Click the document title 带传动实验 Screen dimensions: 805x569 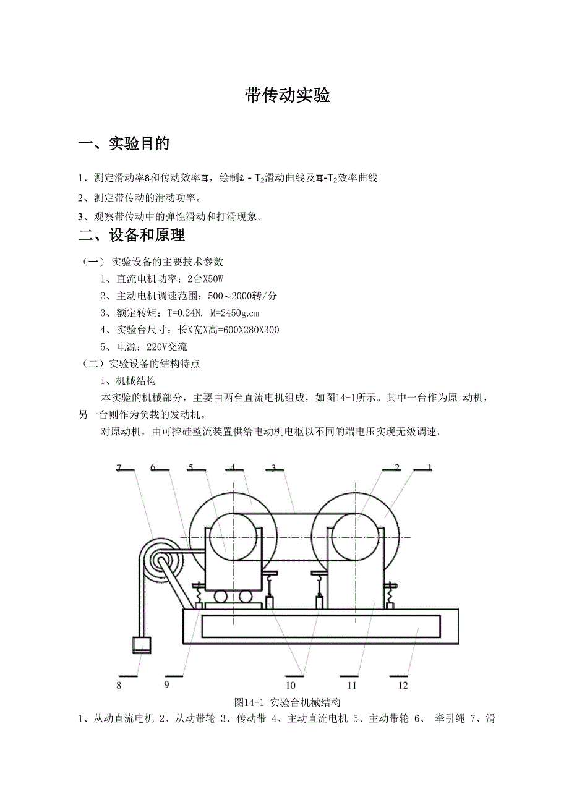click(x=287, y=96)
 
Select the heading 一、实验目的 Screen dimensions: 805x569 click(x=124, y=144)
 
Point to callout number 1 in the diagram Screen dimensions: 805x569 click(x=430, y=467)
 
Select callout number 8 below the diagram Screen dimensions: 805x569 click(x=118, y=685)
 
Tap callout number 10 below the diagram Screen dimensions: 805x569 click(x=291, y=685)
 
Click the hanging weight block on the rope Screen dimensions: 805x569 click(x=142, y=645)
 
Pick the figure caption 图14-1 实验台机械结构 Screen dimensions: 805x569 click(x=288, y=703)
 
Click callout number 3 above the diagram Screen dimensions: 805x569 click(x=273, y=468)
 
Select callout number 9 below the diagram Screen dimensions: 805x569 click(x=166, y=684)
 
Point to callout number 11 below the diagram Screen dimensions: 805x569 click(x=353, y=685)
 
